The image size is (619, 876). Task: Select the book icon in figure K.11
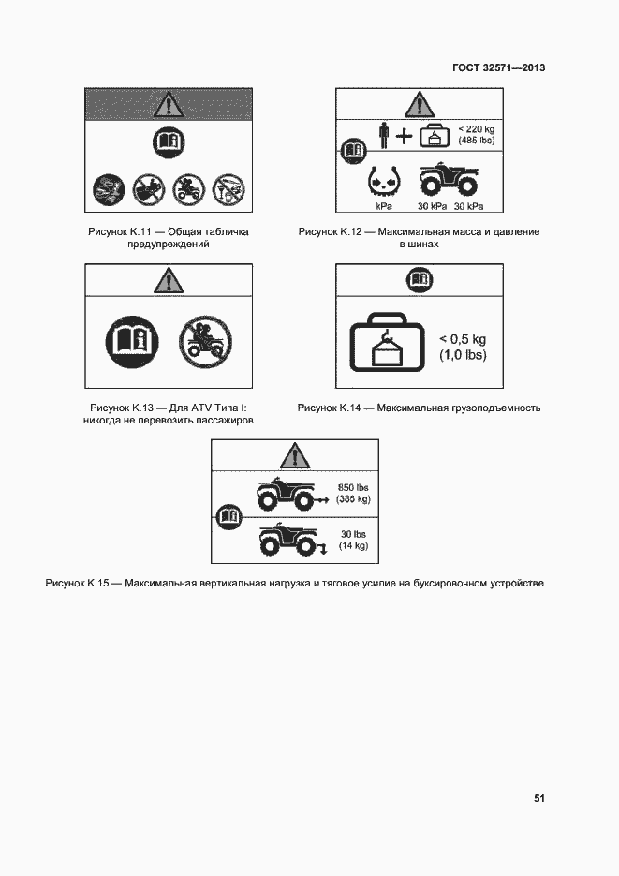pos(169,143)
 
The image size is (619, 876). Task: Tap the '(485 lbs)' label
pos(476,141)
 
